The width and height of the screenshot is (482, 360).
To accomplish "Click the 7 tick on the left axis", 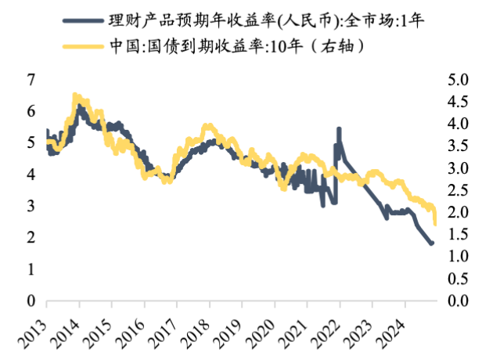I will point(31,80).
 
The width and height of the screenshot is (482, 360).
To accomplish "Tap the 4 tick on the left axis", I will point(31,175).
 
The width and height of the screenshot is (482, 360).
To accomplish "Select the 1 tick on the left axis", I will point(31,269).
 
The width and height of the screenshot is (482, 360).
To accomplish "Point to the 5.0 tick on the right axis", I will point(457,80).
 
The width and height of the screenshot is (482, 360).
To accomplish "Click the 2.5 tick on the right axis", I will point(457,190).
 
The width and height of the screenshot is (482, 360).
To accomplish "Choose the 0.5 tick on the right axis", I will point(457,279).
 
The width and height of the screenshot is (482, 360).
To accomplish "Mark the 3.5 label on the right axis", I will point(457,146).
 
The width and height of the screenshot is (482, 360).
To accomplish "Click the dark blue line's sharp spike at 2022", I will point(339,129).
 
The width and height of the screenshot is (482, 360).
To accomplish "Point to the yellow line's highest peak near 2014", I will point(75,95).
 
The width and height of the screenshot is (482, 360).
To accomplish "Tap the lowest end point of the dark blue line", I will point(432,244).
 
